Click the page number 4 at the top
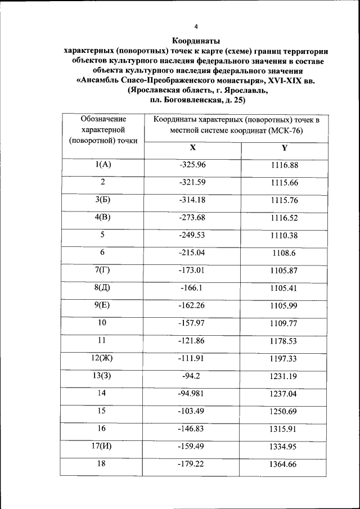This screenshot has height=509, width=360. [x=196, y=27]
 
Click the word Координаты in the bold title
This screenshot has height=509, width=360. [x=196, y=40]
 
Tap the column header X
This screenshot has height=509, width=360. [x=192, y=147]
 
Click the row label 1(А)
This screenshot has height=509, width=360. [x=103, y=165]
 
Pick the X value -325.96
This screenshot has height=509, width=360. [x=192, y=165]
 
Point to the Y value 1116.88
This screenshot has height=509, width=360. [x=284, y=165]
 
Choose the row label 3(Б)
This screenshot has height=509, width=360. [x=103, y=200]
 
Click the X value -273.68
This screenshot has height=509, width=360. [x=192, y=217]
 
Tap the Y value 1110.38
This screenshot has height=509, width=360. [x=284, y=235]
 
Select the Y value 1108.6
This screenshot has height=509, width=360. [x=284, y=253]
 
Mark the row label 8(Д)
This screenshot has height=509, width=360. [x=103, y=287]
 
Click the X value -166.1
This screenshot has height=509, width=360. [x=192, y=287]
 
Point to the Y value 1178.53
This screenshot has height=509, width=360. [x=284, y=340]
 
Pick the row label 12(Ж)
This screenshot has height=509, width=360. [x=103, y=358]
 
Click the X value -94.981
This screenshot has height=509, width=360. [x=192, y=393]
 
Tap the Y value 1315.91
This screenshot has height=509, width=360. [x=284, y=429]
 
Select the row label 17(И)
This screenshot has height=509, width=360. [x=103, y=447]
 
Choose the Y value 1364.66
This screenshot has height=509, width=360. [x=284, y=464]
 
